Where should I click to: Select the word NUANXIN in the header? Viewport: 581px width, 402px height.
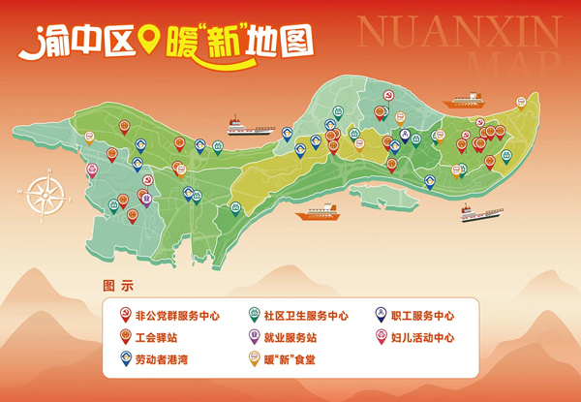[x=458, y=32]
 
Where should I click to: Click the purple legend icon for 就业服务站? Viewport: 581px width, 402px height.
[x=254, y=338]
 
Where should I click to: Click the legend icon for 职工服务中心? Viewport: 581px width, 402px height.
[x=382, y=315]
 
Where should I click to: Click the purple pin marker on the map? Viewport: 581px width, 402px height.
[x=146, y=200]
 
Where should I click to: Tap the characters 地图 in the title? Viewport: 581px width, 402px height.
[x=286, y=41]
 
